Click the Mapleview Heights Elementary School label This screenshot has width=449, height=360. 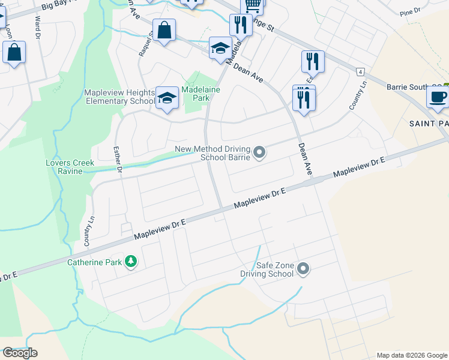[119, 97]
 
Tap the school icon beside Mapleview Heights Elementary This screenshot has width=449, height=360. [167, 98]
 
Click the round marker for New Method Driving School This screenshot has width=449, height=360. [259, 154]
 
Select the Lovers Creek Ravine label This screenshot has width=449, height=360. [70, 167]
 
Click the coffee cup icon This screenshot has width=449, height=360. [437, 96]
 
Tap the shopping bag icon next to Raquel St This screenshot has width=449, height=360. [164, 30]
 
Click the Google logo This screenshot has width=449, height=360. [20, 353]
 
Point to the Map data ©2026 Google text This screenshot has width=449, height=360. [411, 355]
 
